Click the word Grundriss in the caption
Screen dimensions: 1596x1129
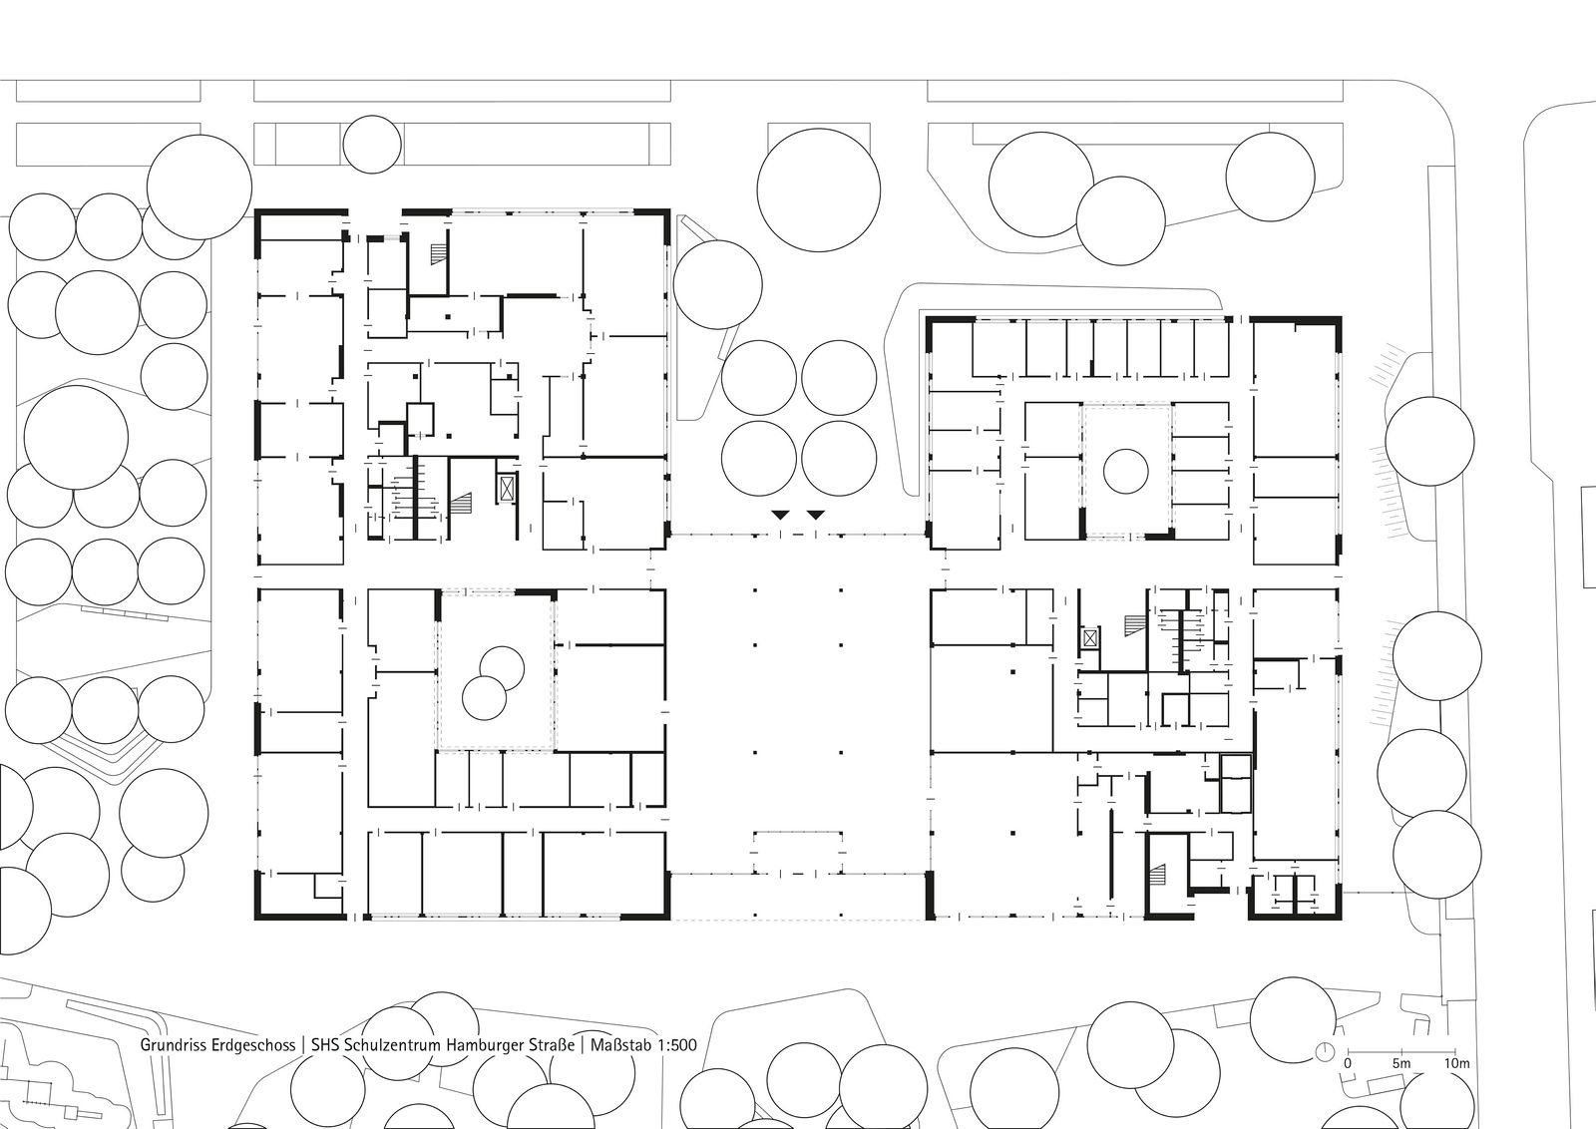171,1045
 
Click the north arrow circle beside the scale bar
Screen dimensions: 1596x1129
1325,1052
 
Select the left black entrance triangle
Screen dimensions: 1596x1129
780,515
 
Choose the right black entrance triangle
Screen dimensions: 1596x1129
816,515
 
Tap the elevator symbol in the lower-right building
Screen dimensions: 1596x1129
1090,637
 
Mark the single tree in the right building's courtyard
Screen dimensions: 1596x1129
1126,471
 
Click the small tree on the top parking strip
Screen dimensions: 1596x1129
372,144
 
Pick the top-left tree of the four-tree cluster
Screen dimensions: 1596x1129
758,378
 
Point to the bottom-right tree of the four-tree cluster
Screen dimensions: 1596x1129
839,458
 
